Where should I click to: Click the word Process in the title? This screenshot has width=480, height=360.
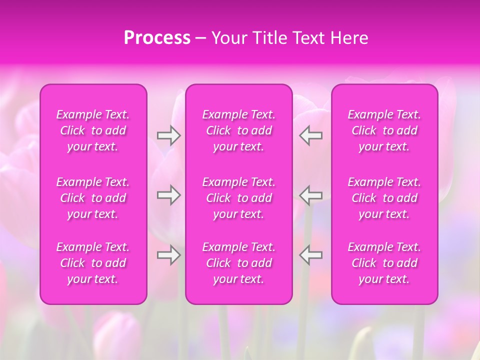pos(157,38)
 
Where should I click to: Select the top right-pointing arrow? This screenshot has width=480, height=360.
pos(168,135)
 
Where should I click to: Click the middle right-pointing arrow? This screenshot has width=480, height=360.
pos(168,195)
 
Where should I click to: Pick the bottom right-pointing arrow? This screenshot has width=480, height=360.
pos(168,254)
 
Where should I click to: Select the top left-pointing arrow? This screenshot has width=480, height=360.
pos(311,135)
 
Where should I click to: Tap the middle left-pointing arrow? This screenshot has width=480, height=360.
pos(311,195)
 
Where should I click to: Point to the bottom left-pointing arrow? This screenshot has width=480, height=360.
pos(311,254)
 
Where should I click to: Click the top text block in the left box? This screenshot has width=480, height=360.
pos(93,130)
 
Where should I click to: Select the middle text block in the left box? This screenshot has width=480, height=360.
pos(93,198)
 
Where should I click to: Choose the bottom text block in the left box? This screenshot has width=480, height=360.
pos(93,263)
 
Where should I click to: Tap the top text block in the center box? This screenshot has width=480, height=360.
pos(239,130)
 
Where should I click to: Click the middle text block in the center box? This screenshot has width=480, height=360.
pos(239,198)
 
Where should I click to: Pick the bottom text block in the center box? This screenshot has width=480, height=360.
pos(239,263)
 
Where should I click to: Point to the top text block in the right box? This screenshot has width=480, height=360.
pos(384,130)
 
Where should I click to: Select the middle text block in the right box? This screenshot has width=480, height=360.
pos(384,198)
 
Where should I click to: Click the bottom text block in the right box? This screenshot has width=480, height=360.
pos(384,263)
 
